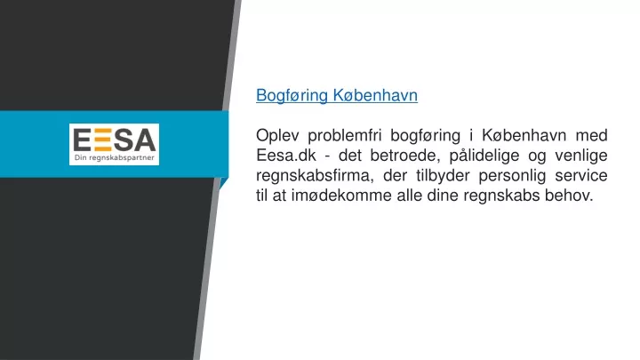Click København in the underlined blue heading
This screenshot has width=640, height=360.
[x=375, y=95]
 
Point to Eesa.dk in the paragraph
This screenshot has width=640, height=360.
[x=286, y=156]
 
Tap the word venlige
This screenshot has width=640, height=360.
[x=580, y=156]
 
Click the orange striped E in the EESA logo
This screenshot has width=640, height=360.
[x=102, y=140]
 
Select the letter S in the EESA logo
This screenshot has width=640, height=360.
[x=124, y=140]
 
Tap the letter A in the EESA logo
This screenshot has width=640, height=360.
[x=145, y=140]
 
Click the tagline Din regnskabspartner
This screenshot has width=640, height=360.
[x=115, y=158]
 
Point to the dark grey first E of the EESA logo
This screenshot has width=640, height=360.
[x=82, y=140]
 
